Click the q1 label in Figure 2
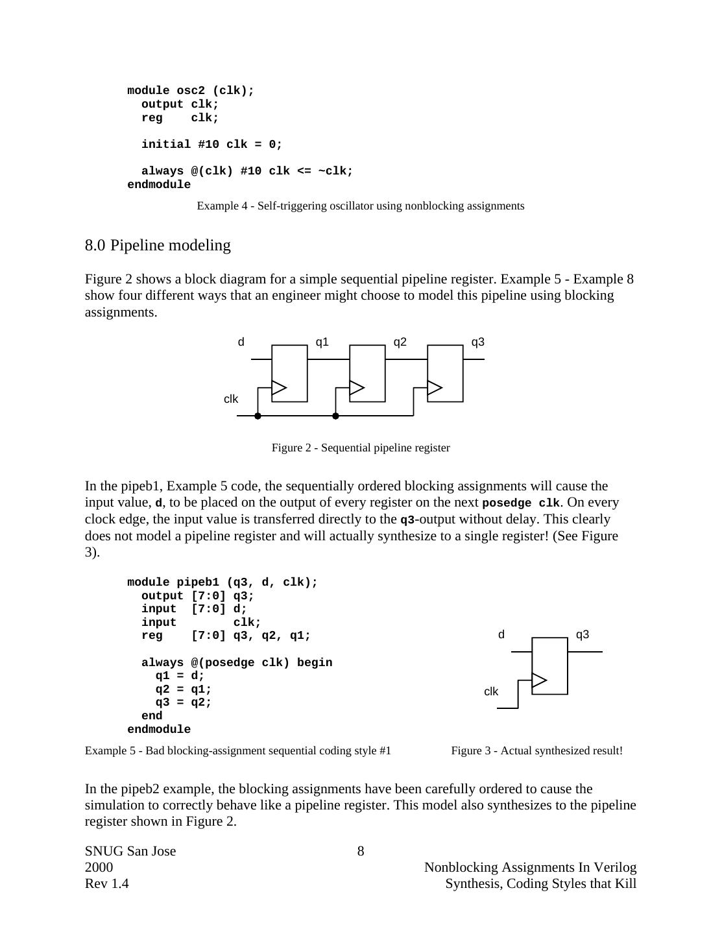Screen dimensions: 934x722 322,342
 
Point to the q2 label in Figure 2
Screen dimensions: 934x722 400,342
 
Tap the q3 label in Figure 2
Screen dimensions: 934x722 477,342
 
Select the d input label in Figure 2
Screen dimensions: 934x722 241,342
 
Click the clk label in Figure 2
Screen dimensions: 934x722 231,399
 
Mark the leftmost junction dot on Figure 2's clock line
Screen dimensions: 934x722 258,416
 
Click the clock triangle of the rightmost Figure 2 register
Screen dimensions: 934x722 435,388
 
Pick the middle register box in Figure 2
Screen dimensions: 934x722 367,373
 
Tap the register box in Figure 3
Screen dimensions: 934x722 549,665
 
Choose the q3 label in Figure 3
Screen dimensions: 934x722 583,634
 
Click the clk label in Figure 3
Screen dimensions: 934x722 491,691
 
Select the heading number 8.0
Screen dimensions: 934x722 95,245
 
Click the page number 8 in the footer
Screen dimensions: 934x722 361,851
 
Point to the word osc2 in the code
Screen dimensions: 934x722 191,91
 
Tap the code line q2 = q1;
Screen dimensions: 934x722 184,689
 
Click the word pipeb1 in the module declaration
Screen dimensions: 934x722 198,582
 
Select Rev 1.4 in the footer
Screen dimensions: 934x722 107,883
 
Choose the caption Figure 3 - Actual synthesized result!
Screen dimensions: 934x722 536,750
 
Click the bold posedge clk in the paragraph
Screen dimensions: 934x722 521,503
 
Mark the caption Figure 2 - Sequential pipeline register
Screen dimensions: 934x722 361,448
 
